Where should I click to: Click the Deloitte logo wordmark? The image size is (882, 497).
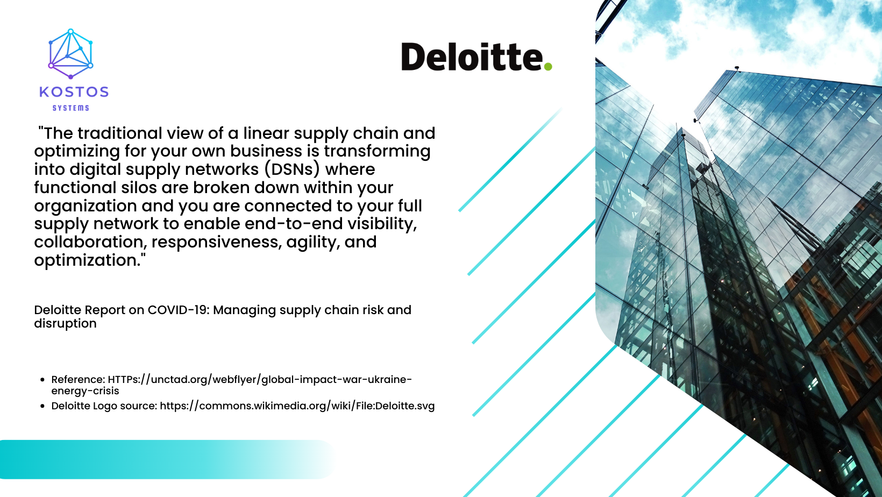click(x=472, y=57)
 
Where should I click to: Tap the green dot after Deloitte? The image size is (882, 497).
click(x=547, y=66)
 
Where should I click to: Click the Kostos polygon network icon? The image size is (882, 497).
click(x=70, y=54)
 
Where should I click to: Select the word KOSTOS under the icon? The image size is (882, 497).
click(x=74, y=92)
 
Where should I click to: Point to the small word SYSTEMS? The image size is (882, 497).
click(x=70, y=108)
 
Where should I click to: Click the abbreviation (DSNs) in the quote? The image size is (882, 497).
click(x=292, y=169)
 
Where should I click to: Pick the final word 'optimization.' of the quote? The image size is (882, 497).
click(x=89, y=260)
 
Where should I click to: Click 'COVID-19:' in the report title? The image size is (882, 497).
click(x=177, y=310)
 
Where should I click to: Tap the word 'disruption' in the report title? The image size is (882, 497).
click(x=65, y=324)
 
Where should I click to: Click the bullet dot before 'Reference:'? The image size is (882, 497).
click(x=42, y=380)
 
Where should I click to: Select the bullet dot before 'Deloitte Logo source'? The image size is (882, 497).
click(x=42, y=406)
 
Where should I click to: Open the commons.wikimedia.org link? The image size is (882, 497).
click(x=297, y=406)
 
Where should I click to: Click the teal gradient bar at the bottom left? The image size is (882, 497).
click(x=161, y=459)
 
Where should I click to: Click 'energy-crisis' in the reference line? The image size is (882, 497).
click(x=85, y=391)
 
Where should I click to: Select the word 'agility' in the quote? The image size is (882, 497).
click(x=312, y=242)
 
